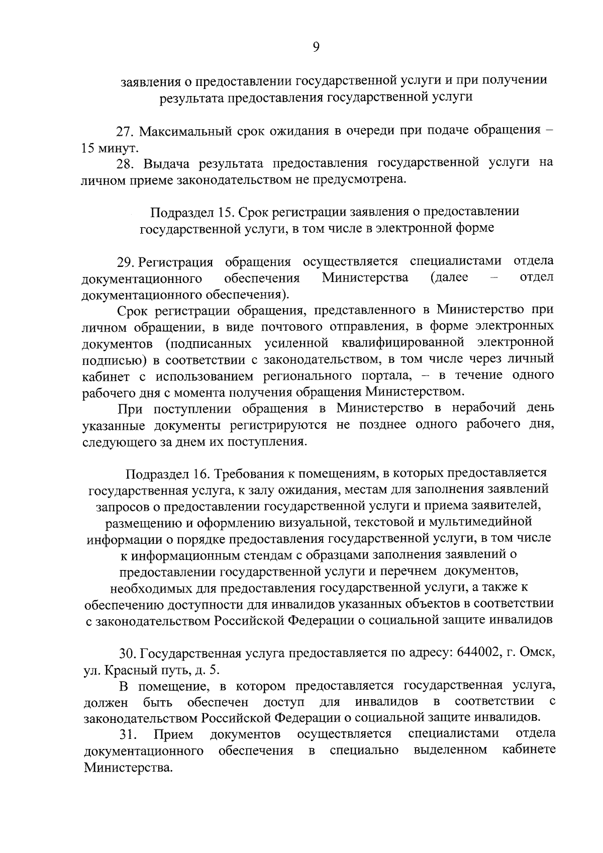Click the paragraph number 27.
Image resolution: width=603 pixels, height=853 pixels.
coord(125,132)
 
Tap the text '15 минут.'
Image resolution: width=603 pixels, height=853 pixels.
coord(109,148)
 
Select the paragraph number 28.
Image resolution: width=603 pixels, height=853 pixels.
coord(125,163)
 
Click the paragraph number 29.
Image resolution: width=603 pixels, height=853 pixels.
coord(126,261)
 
